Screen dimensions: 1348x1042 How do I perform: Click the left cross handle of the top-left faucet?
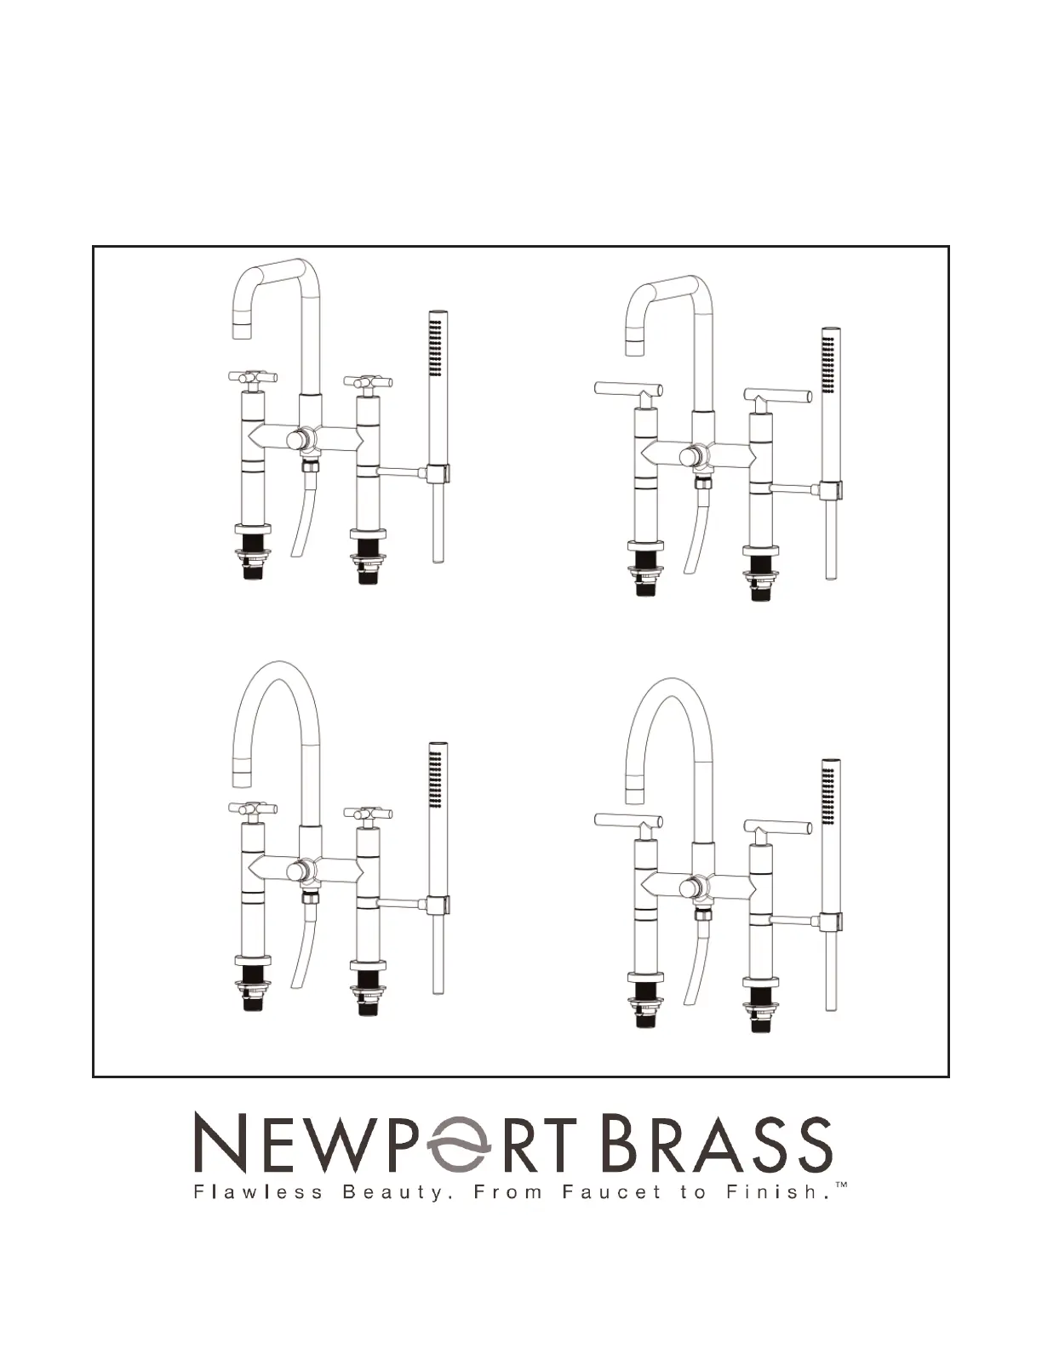coord(253,378)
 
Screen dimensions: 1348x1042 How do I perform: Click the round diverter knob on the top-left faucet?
coord(296,440)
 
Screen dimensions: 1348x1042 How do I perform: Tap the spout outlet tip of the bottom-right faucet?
coord(635,795)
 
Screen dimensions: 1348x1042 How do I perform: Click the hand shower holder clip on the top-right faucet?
coord(832,491)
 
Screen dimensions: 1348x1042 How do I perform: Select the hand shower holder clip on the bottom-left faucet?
coord(438,906)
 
